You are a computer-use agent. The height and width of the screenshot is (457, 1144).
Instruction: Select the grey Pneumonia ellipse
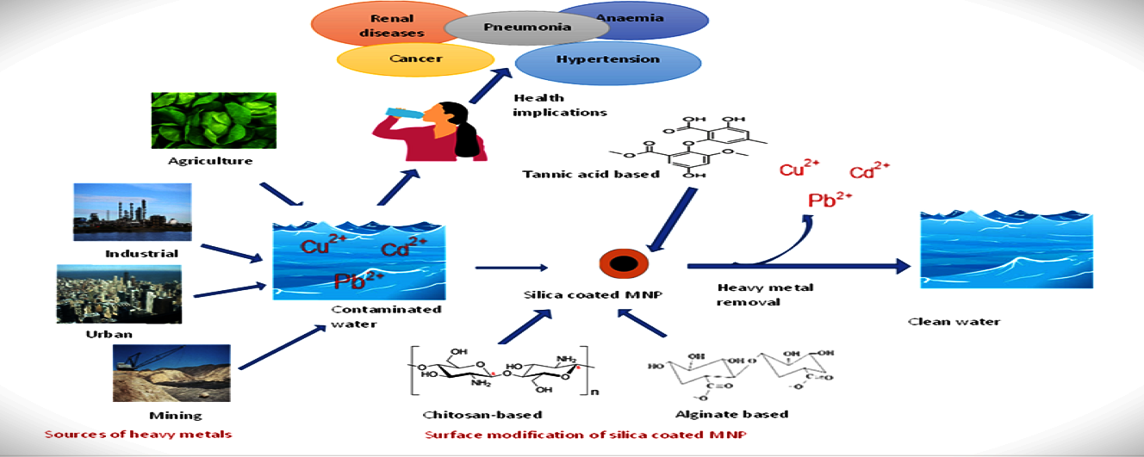point(526,27)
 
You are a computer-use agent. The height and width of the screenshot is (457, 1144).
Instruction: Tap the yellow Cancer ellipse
point(416,59)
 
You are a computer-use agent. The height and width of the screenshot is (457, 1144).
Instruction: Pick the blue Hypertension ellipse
point(607,60)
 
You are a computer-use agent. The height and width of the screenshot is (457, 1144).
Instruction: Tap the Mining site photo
point(171,373)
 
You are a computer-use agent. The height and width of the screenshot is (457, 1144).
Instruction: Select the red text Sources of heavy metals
point(139,434)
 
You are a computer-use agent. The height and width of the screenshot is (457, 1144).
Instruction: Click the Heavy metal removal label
point(753,294)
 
